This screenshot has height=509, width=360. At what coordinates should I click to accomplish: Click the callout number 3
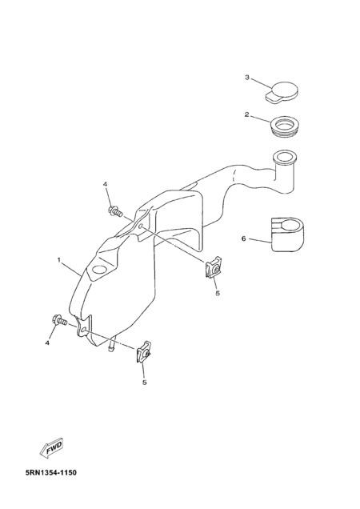247,78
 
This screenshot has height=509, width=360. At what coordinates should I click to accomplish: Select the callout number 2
247,114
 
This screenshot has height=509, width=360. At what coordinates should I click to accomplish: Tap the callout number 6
243,238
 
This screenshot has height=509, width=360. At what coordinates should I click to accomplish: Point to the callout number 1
59,259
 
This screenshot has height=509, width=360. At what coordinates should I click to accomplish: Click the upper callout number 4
105,184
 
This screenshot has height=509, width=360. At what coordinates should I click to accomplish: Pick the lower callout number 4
47,343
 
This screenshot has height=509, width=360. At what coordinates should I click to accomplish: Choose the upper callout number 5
218,293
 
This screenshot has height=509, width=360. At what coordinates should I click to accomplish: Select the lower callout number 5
145,383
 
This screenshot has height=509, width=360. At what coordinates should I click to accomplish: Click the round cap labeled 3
282,92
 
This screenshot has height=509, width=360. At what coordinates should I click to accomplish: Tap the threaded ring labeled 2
285,126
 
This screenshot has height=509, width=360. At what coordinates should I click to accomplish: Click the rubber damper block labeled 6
287,234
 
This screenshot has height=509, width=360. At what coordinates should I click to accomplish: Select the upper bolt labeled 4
115,211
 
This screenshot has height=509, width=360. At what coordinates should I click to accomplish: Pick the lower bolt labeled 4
59,320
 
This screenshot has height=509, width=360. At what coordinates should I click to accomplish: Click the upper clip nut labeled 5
214,267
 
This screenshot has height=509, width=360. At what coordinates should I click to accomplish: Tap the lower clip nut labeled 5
143,351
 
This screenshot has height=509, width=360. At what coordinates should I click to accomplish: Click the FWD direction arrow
52,448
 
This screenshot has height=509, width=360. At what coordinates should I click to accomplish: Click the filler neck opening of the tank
285,157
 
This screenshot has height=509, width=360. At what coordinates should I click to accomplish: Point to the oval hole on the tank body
100,270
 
